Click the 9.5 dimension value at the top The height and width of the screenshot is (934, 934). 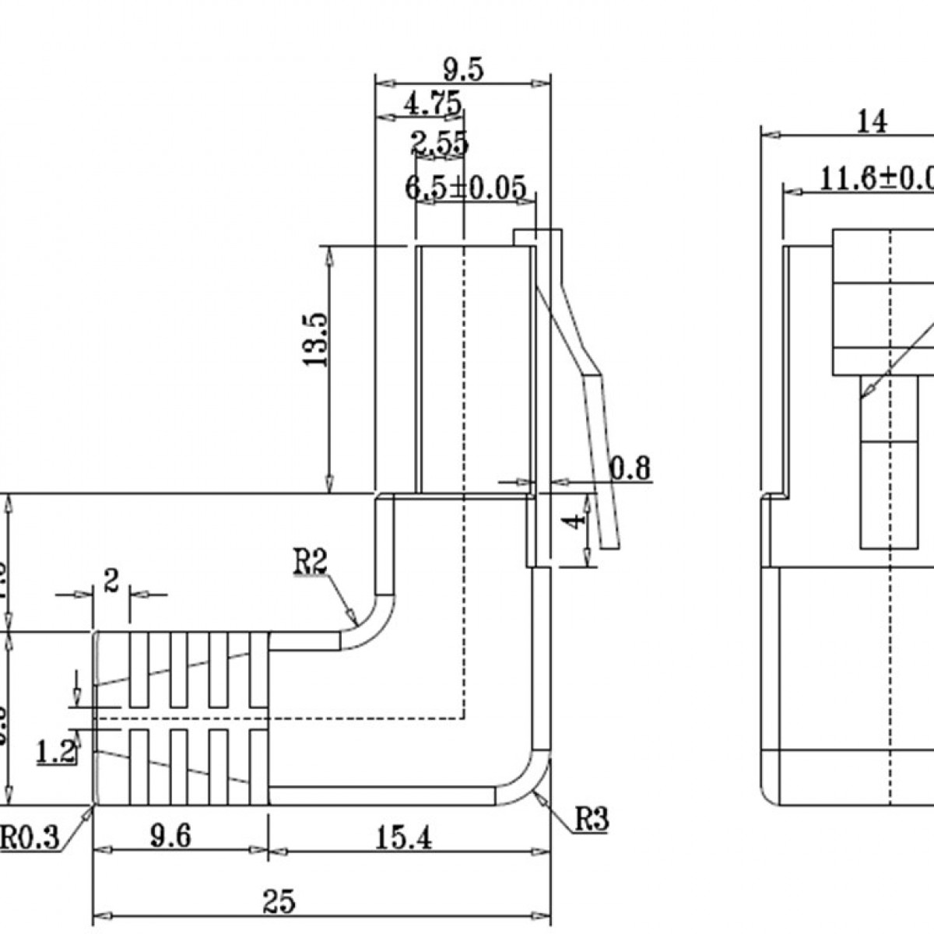[464, 70]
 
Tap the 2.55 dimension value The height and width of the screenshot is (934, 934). [440, 143]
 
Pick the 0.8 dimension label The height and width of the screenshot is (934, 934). [630, 469]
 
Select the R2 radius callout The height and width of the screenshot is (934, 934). [310, 562]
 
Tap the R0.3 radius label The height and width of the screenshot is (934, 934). [29, 839]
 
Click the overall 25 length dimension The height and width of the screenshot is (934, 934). [278, 901]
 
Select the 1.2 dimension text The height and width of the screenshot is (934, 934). [56, 752]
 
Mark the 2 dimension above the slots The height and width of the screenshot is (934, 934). [111, 580]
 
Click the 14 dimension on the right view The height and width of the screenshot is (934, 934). [872, 121]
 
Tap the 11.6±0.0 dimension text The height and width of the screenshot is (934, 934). [876, 179]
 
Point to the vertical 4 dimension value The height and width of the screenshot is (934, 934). [574, 520]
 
